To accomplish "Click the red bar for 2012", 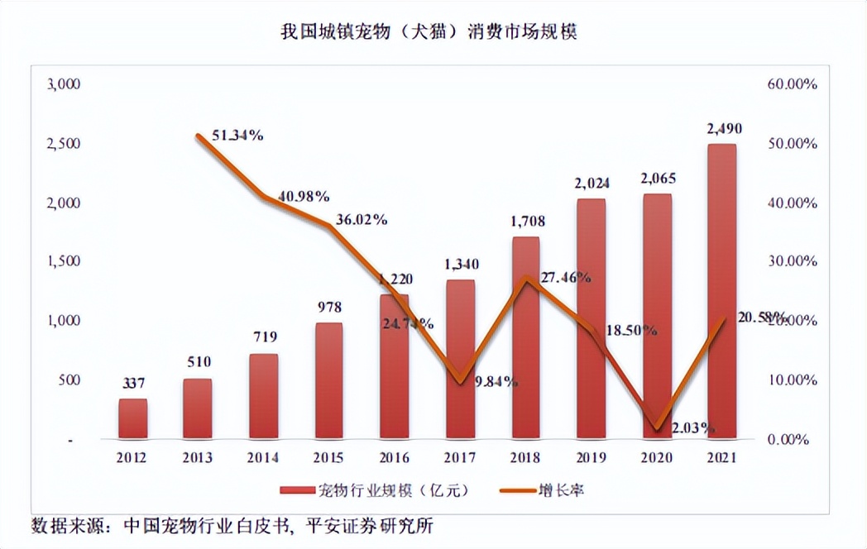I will [x=132, y=418].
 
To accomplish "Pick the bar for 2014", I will [x=263, y=396].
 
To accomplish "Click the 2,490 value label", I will [x=724, y=129].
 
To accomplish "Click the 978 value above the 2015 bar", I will [x=328, y=308].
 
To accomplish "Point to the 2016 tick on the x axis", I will [x=394, y=457].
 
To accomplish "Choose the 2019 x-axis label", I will [x=591, y=457].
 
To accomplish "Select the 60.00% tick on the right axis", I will [x=792, y=84].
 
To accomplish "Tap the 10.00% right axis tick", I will [x=792, y=380].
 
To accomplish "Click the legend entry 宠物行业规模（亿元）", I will [x=376, y=490].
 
